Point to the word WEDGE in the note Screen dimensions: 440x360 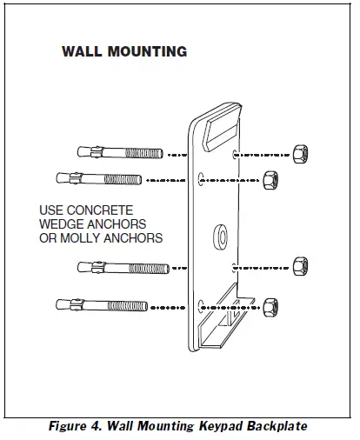(x=62, y=224)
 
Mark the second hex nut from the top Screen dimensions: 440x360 (x=269, y=179)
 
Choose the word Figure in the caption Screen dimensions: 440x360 (x=72, y=425)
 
